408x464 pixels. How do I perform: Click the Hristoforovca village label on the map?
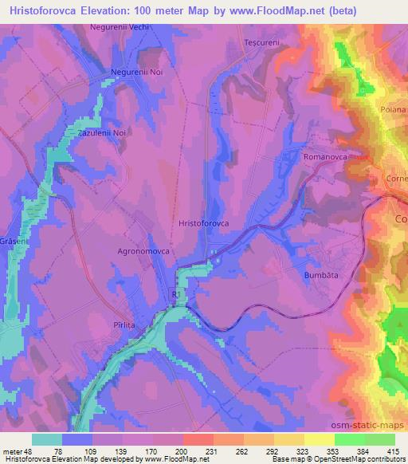[205, 225]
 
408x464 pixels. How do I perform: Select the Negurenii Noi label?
[135, 73]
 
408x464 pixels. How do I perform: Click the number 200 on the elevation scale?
[183, 452]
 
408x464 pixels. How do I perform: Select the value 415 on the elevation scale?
[394, 452]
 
